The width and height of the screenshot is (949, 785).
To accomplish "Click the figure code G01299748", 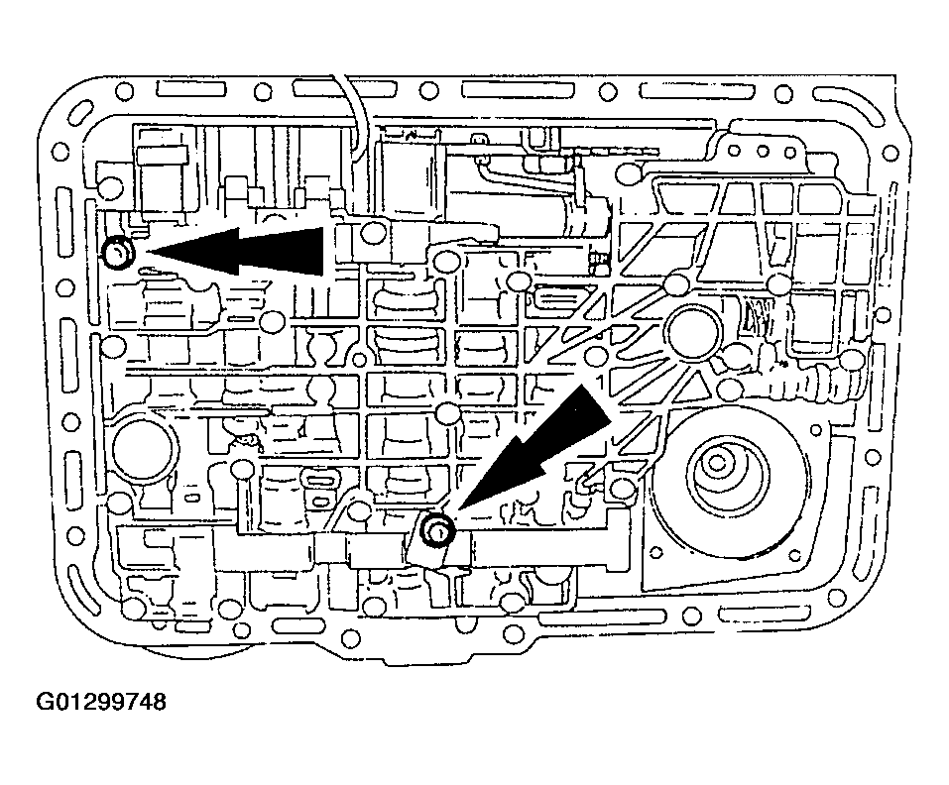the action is (101, 702).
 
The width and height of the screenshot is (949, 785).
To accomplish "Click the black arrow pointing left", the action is (236, 251).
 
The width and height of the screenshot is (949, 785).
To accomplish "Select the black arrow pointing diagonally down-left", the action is (533, 451).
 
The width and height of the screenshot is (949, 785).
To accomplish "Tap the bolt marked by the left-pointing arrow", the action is (118, 253).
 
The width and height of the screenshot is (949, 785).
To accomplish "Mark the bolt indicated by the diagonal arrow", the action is (437, 530).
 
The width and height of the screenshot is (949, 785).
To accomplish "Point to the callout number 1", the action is (600, 383).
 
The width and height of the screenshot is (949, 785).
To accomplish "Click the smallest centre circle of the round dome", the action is (717, 464).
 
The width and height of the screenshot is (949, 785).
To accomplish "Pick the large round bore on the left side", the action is (145, 449).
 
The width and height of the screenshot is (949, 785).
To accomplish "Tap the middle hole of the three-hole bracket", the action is (763, 152).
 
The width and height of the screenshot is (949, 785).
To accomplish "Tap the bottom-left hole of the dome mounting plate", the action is (653, 551).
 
